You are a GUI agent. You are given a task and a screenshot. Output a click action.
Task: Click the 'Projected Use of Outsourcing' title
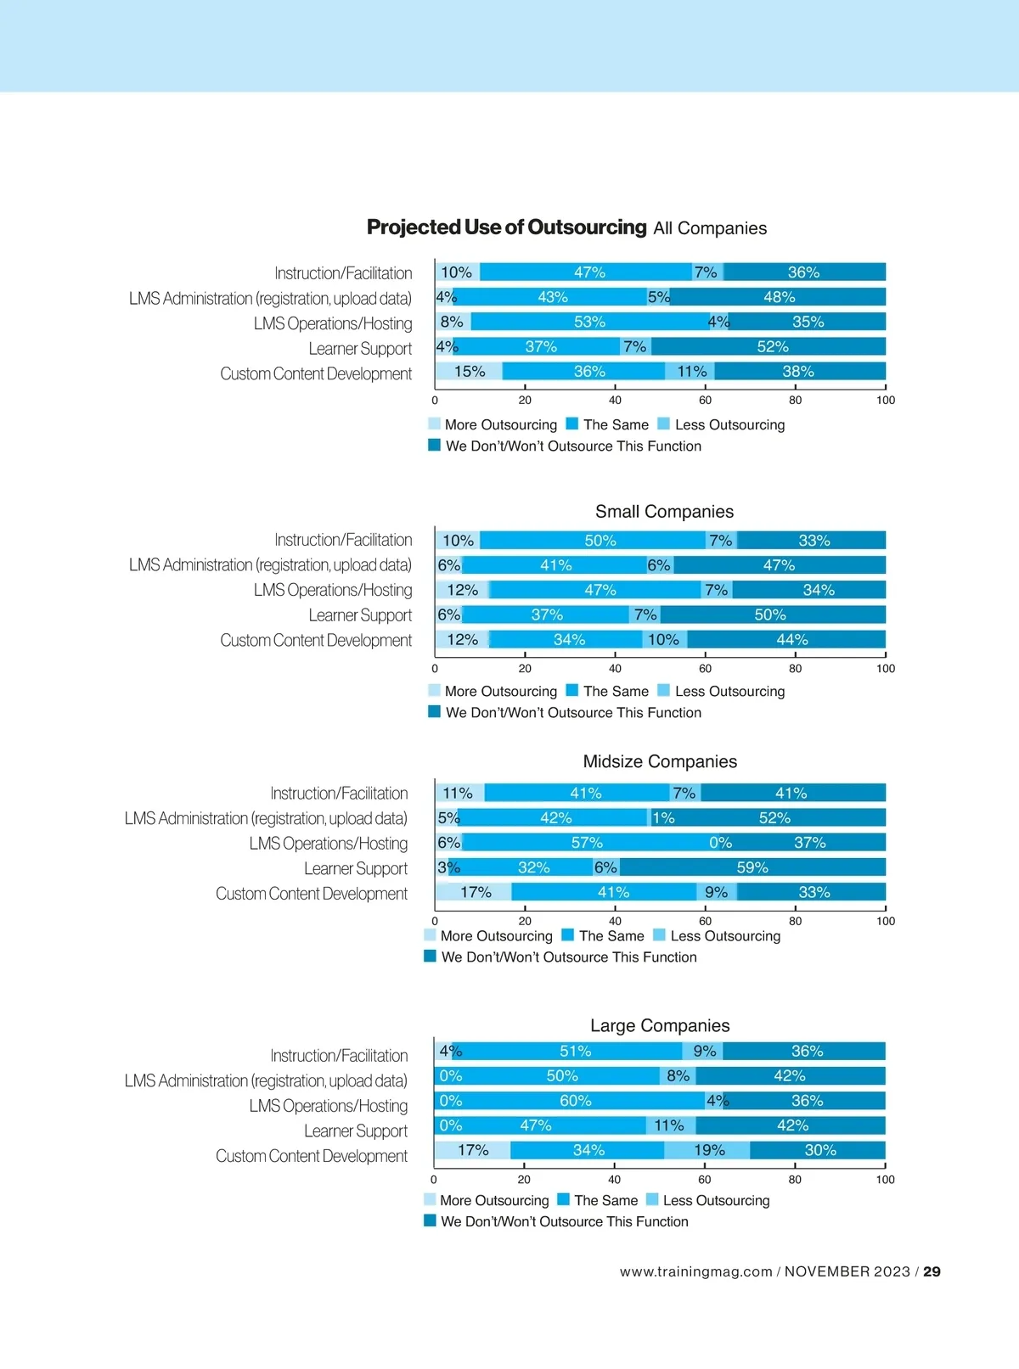tap(506, 227)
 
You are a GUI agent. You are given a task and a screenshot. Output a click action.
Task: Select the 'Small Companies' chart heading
tap(664, 512)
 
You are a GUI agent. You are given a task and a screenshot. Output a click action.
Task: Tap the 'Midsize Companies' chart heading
tap(660, 761)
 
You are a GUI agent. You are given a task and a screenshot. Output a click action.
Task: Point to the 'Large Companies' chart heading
tap(660, 1025)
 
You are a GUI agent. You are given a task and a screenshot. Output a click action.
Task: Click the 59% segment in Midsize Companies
tap(752, 867)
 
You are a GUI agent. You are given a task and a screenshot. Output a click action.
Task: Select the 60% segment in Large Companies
tap(576, 1101)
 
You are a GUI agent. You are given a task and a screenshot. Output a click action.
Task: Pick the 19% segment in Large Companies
tap(708, 1150)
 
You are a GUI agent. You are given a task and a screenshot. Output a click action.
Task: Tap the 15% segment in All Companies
tap(470, 372)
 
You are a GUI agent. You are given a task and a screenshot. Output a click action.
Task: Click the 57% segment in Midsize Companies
tap(587, 843)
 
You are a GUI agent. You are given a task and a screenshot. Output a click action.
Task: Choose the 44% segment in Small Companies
tap(791, 640)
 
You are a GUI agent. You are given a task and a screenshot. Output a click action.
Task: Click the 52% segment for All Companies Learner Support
tap(772, 347)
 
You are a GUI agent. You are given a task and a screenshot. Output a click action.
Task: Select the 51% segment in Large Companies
tap(575, 1052)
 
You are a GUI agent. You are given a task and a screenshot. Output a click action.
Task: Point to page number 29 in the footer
tap(932, 1271)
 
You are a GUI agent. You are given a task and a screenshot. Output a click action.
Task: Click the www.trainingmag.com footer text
tap(695, 1271)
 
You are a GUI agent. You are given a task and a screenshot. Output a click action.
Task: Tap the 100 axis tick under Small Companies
tap(885, 669)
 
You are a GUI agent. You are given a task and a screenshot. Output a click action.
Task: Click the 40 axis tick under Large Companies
tap(614, 1180)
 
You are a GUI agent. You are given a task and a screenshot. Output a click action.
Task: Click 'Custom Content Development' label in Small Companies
tap(316, 641)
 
